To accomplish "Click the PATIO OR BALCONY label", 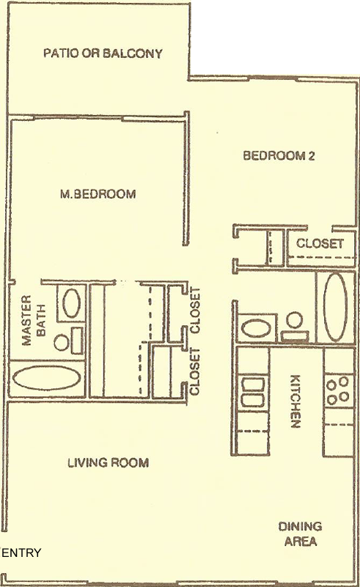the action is (103, 53).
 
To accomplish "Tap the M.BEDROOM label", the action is (98, 194).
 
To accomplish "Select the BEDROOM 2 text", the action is (279, 156).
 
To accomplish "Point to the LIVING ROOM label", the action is (109, 463).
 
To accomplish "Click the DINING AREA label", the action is (300, 534).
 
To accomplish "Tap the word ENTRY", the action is (21, 553).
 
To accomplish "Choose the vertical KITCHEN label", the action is (295, 401).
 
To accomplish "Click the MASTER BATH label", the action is (34, 320).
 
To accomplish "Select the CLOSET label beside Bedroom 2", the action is (320, 244).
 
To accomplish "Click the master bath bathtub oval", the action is (46, 377).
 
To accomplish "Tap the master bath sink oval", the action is (71, 303).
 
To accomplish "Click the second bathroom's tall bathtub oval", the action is (335, 307).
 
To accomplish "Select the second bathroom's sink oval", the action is (256, 328).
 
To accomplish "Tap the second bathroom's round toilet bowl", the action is (295, 321).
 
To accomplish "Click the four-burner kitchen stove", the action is (338, 391).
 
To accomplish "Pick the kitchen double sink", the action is (254, 393).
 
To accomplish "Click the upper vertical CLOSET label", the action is (195, 310).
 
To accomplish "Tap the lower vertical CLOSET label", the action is (194, 371).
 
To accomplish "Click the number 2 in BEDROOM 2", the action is (311, 156).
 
